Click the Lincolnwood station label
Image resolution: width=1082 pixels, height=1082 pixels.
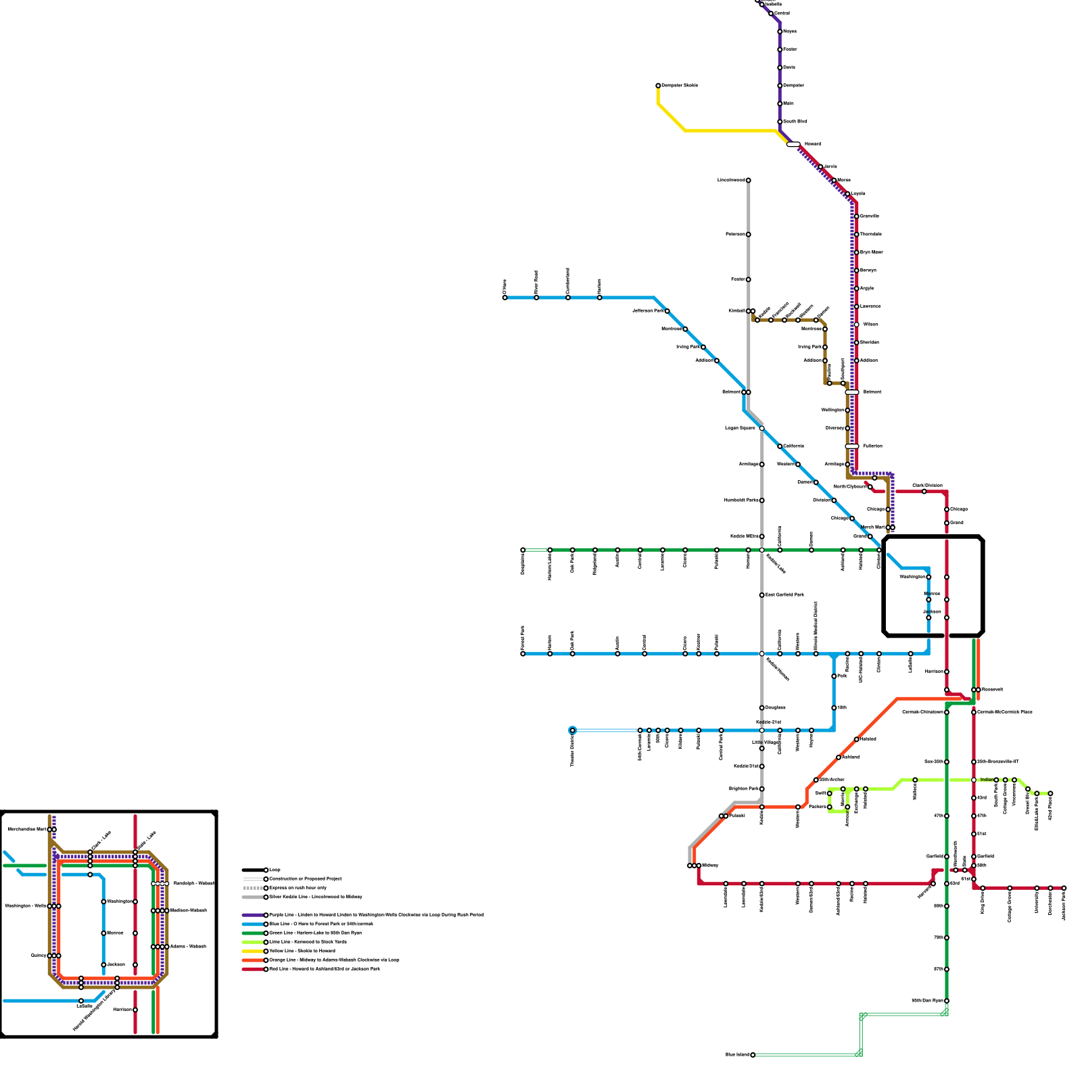730,181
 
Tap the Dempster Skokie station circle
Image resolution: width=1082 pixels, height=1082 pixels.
658,86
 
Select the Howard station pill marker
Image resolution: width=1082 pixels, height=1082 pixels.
793,144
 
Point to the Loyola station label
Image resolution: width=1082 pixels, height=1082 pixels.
858,194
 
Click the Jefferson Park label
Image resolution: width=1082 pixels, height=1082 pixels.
648,311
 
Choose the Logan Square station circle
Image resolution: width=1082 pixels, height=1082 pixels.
761,428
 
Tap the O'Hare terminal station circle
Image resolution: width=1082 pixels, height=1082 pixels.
504,298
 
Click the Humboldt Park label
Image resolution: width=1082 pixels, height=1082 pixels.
741,500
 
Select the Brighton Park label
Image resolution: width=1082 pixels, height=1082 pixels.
743,789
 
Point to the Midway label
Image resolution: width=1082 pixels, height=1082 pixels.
710,866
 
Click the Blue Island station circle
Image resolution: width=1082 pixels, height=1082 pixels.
753,1055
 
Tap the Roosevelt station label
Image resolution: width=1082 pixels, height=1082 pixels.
993,690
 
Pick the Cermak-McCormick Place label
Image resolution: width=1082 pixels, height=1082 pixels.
1005,712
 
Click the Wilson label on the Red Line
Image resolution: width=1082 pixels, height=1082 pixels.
870,325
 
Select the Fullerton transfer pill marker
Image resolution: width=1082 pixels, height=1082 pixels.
852,446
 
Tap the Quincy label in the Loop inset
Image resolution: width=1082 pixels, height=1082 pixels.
39,956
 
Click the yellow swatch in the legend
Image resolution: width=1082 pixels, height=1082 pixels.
254,951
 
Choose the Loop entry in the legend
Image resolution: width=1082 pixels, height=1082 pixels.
275,870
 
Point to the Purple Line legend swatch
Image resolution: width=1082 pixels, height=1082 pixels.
254,915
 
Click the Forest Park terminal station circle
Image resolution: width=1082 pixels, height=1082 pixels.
523,654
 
